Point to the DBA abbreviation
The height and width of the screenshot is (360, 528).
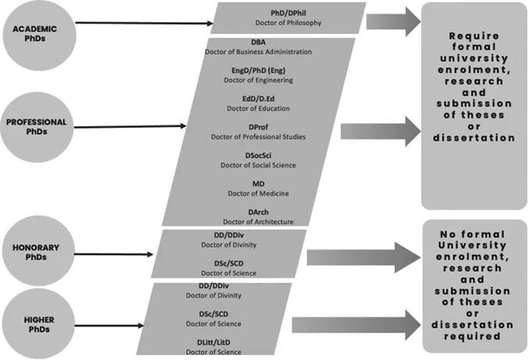pos(258,41)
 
